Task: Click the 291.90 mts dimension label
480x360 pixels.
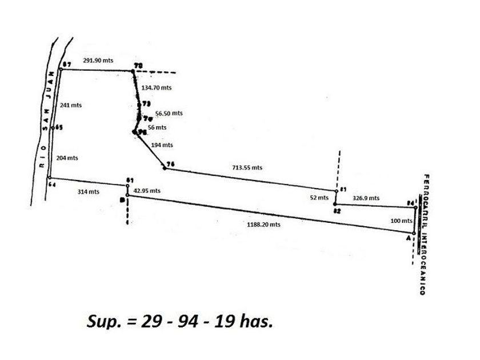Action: (x=98, y=59)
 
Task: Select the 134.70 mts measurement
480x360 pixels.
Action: (x=157, y=88)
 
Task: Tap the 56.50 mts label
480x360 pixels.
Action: (x=169, y=113)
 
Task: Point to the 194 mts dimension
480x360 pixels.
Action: (x=162, y=145)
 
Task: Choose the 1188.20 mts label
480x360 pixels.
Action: (x=263, y=225)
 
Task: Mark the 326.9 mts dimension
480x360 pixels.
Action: (x=366, y=198)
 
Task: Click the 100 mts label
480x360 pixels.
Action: (x=401, y=221)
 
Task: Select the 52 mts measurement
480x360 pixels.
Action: (x=319, y=198)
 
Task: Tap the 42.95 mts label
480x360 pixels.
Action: (x=147, y=191)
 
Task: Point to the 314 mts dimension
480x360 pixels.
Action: (x=88, y=192)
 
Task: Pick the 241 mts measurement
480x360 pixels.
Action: (x=71, y=105)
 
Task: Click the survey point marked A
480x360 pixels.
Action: (x=414, y=233)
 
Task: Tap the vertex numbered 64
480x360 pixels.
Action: (x=50, y=178)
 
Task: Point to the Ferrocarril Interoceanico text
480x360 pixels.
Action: (x=426, y=234)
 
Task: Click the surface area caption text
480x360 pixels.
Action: (x=180, y=321)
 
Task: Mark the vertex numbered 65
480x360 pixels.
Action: (x=53, y=128)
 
